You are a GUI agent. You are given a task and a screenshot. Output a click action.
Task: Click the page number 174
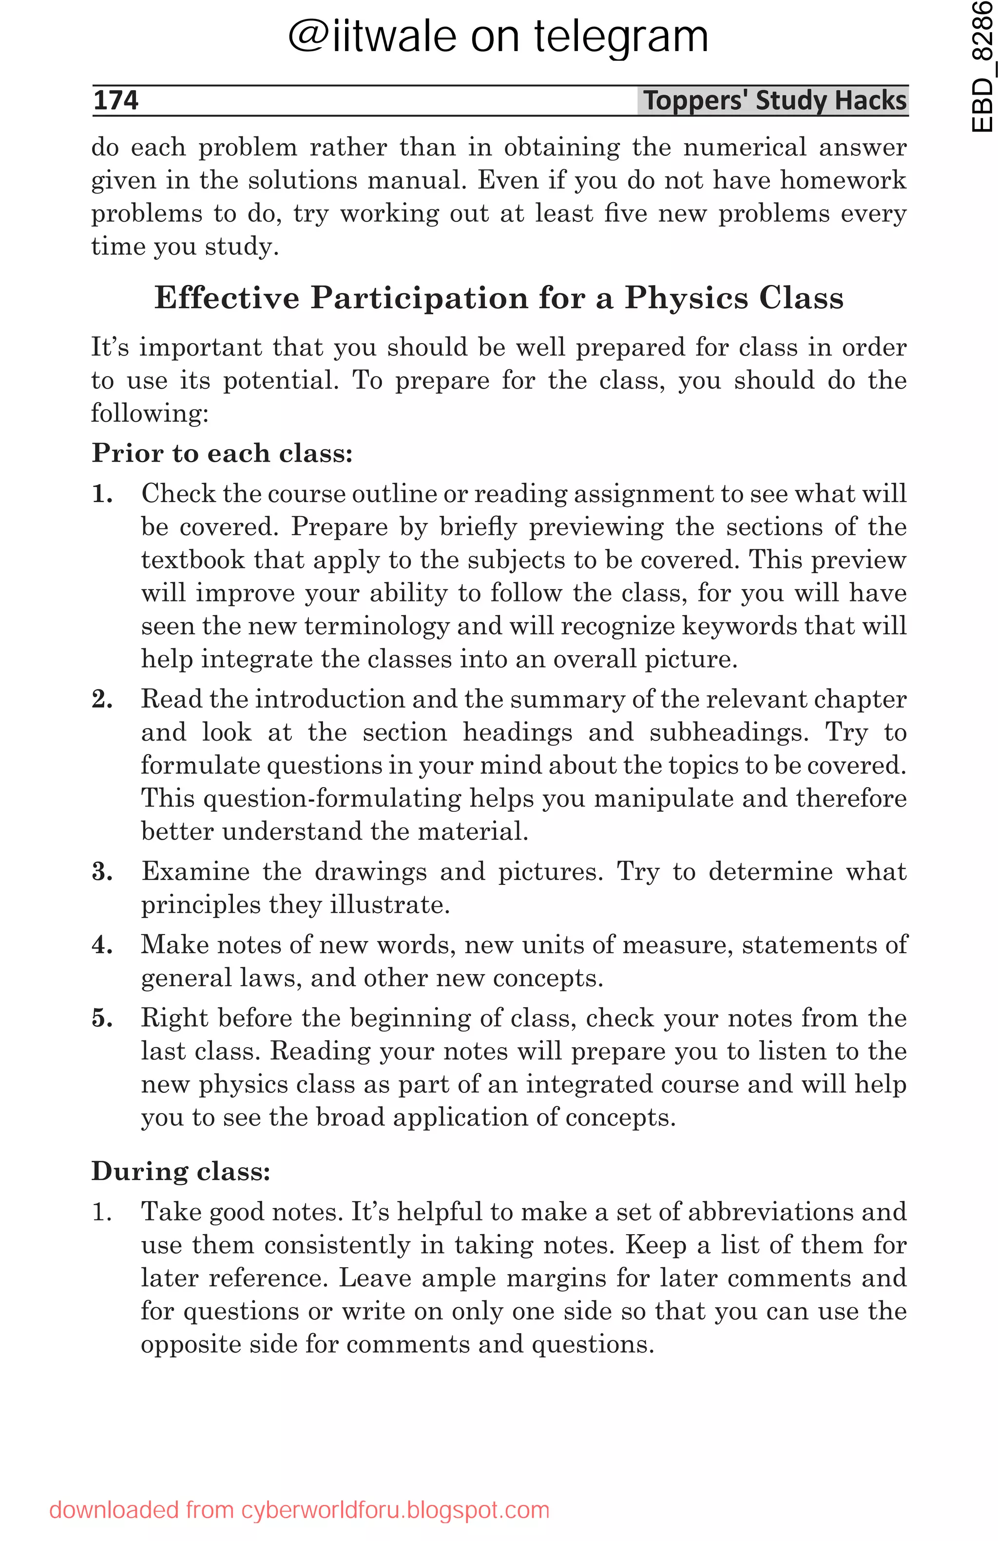[x=115, y=100]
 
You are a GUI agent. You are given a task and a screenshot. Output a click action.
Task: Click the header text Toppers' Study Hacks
[x=774, y=100]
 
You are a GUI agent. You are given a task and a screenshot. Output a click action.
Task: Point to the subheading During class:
[x=181, y=1171]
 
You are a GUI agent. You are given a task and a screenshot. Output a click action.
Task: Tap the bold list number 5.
[x=102, y=1018]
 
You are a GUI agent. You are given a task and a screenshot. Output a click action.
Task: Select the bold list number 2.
[x=102, y=699]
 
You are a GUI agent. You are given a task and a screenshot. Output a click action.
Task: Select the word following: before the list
[x=150, y=413]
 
